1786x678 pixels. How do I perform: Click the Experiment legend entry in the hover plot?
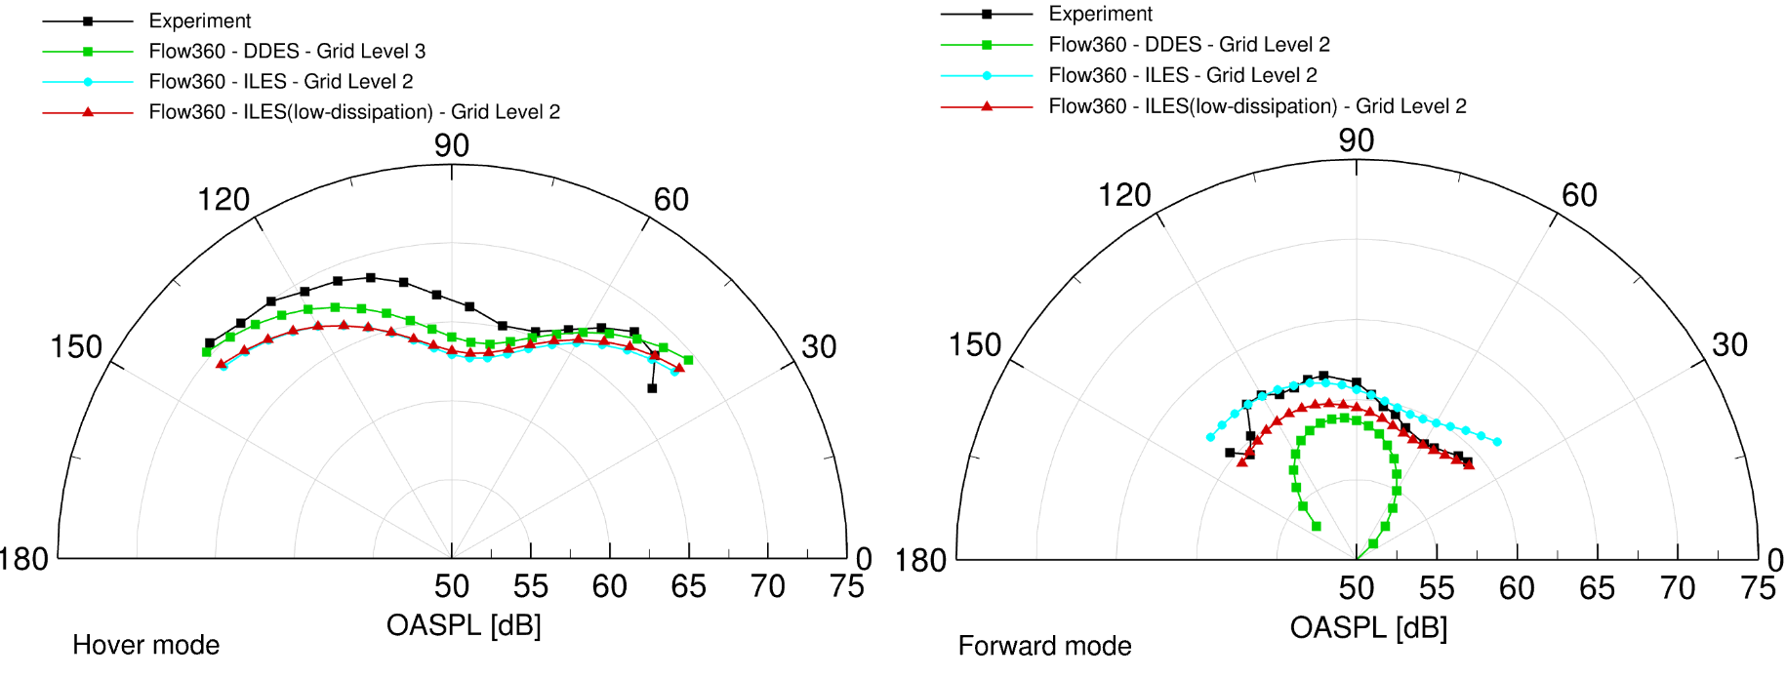(x=199, y=20)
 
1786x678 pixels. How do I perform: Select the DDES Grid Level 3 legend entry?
(x=287, y=51)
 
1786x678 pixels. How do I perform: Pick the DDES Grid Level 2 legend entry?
(x=1189, y=44)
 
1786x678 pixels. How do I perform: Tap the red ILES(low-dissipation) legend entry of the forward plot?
(x=1257, y=105)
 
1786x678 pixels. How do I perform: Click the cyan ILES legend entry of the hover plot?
(x=280, y=81)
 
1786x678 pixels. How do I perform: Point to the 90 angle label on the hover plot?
(x=452, y=145)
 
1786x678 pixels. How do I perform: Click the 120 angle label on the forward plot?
(x=1124, y=195)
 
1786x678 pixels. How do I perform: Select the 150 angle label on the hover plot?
(x=76, y=346)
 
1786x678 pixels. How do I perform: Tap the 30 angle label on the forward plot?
(x=1729, y=344)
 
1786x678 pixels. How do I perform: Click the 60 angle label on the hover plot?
(x=671, y=200)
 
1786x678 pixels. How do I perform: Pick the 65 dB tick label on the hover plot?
(x=688, y=586)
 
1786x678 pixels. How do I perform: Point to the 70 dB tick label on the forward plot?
(x=1678, y=588)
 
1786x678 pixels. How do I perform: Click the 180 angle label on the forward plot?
(x=920, y=561)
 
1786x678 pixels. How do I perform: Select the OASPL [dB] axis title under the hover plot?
(x=464, y=624)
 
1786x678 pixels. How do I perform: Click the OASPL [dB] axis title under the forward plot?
(x=1368, y=627)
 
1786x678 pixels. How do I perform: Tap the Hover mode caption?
(x=145, y=645)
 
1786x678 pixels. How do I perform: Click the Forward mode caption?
(x=1044, y=646)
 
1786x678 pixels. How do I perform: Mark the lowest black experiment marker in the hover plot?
(x=652, y=388)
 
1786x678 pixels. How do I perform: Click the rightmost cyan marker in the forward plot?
(x=1497, y=442)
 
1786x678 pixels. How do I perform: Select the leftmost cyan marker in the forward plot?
(x=1210, y=437)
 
